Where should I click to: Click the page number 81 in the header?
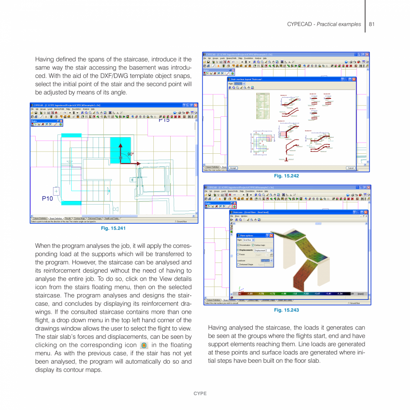371,24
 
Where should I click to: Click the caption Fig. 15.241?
113,228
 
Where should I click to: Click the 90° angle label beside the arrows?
130,154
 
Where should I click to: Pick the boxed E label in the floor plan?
132,180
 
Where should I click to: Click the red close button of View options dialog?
271,235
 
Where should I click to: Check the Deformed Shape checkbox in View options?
238,264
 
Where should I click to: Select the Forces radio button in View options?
238,254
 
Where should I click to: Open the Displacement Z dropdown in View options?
264,250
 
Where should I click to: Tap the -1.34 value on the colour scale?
340,294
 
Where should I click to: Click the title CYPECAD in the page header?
299,24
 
